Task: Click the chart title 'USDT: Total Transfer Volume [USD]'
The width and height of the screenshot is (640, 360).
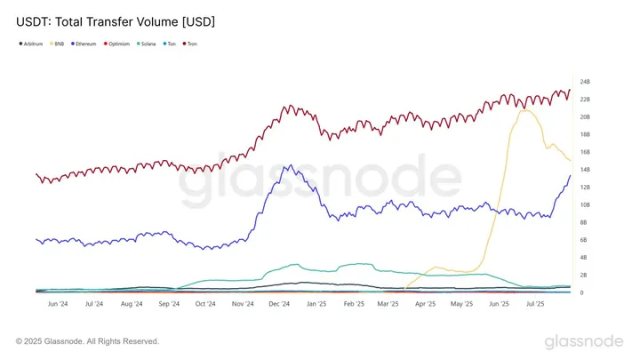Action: coord(116,20)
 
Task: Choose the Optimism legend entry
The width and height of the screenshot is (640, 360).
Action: coord(122,43)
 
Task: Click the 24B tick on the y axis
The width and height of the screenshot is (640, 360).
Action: coord(585,82)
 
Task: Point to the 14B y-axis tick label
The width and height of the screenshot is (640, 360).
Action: coord(585,170)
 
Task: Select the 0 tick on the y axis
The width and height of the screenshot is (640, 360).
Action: coord(581,292)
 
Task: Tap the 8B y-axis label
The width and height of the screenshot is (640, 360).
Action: coord(584,222)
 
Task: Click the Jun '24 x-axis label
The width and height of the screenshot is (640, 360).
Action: coord(57,304)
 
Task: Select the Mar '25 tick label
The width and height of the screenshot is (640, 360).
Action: coord(388,304)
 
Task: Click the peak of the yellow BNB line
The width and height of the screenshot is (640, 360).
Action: coord(525,109)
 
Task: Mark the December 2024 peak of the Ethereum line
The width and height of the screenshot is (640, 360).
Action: coord(285,165)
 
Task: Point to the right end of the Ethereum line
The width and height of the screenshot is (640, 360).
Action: coord(570,175)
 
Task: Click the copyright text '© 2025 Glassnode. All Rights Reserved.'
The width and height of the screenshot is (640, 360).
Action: coord(88,340)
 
